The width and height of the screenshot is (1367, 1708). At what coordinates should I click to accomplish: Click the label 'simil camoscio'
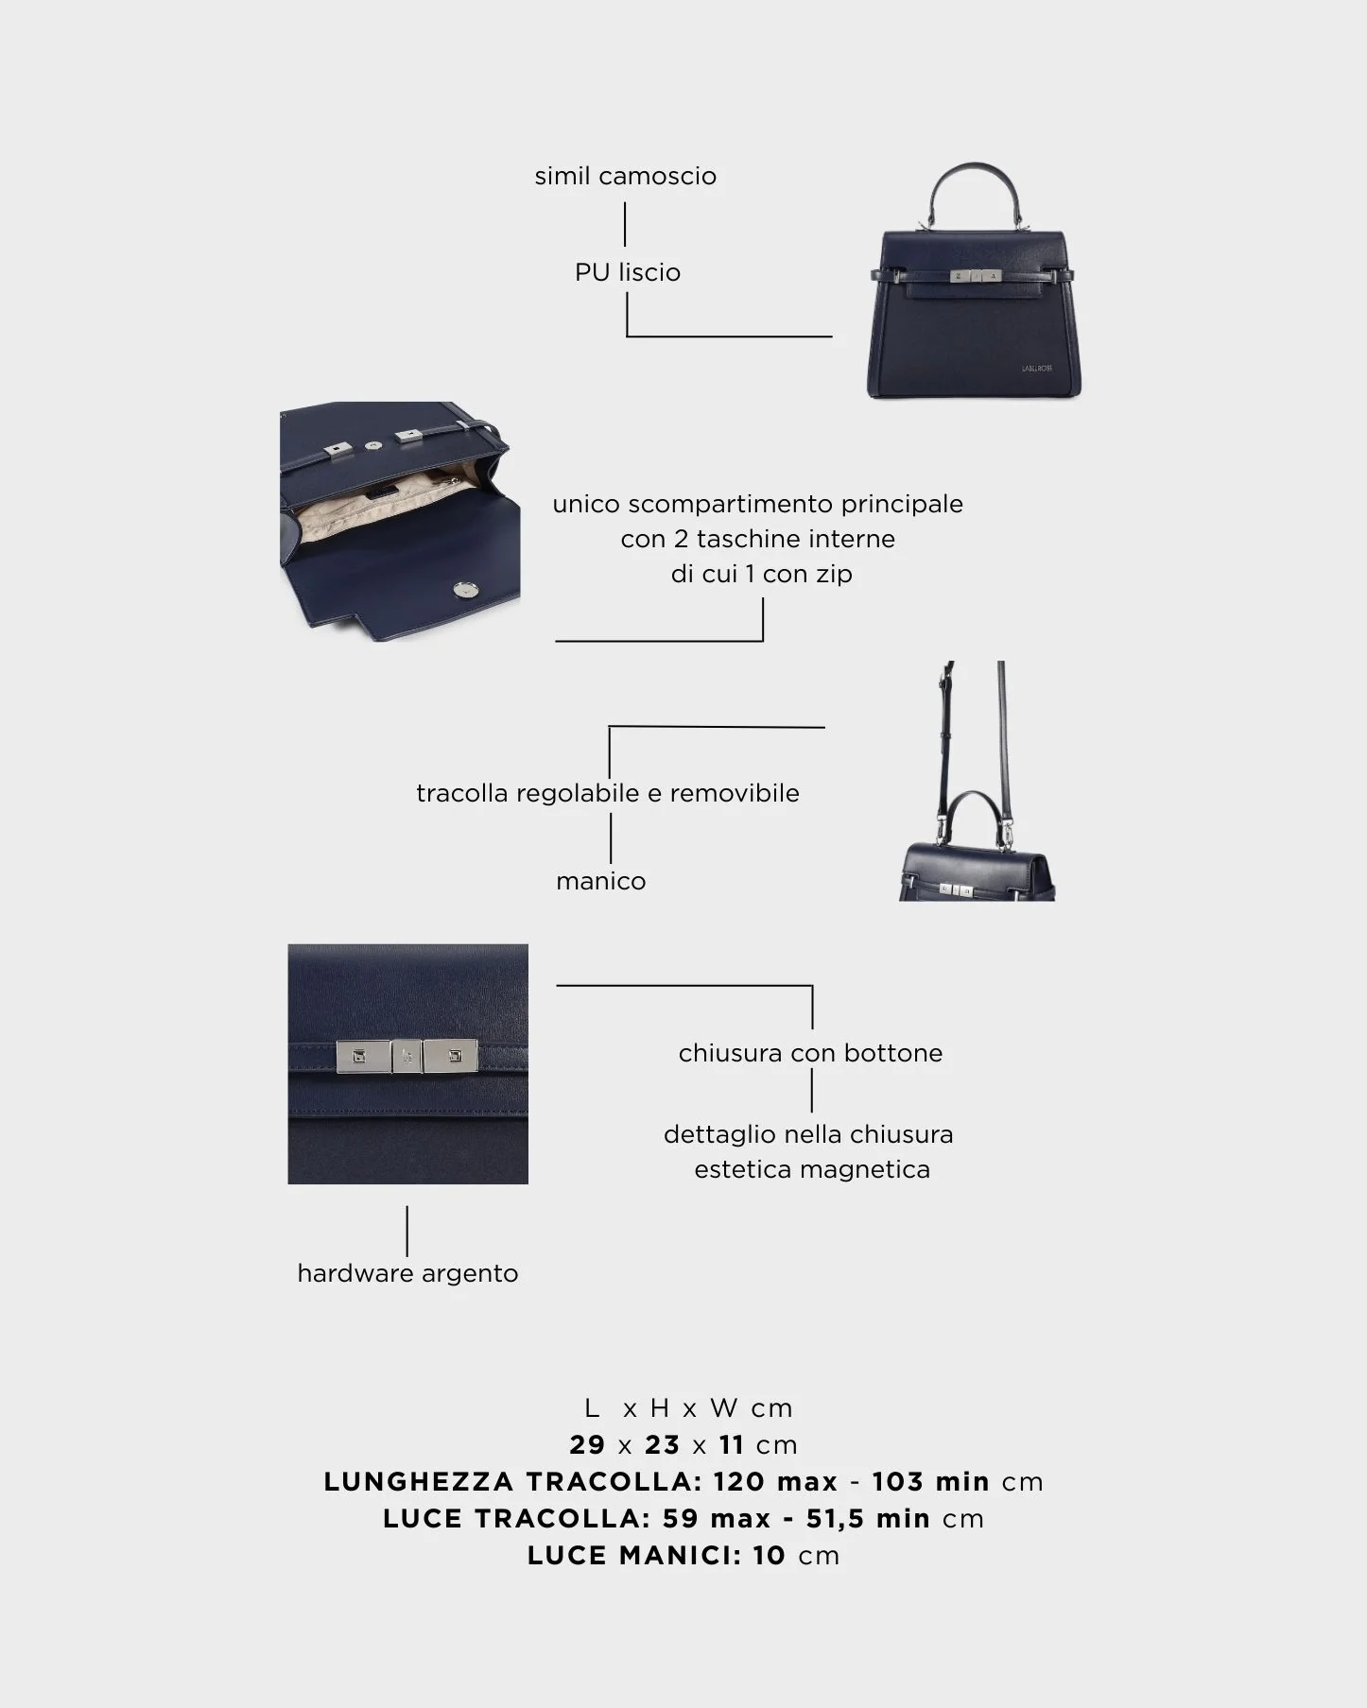click(625, 176)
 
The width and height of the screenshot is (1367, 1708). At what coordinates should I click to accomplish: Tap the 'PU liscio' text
click(628, 272)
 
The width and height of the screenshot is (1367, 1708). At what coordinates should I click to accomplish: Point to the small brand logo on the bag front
click(1036, 369)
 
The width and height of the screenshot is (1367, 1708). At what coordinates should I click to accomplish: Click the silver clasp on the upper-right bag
click(975, 276)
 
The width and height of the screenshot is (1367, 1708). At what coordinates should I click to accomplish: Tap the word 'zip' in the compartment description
click(834, 574)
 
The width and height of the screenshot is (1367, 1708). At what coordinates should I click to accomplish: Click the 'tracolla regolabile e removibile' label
click(608, 793)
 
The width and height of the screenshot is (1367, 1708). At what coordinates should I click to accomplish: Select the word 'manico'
click(601, 881)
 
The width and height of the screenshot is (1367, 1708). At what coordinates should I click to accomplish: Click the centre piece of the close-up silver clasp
click(407, 1058)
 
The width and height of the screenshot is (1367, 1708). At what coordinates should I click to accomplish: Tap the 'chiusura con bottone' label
click(810, 1053)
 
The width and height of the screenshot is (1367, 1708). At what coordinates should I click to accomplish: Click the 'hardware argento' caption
click(407, 1273)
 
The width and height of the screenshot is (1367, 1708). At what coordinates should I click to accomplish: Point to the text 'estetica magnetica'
click(812, 1169)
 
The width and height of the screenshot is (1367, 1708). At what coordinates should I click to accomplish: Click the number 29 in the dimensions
click(587, 1444)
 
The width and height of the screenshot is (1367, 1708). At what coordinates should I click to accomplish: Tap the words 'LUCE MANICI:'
click(634, 1555)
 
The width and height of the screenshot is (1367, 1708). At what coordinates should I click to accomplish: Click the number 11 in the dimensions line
click(731, 1444)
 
